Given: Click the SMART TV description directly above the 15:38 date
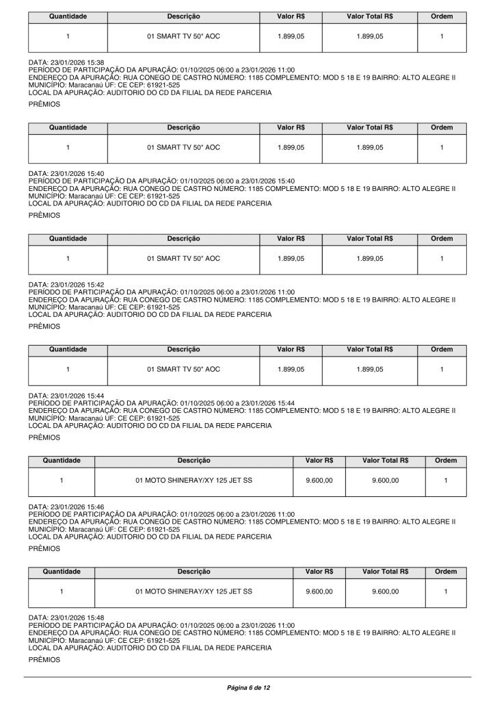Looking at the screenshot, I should pos(184,37).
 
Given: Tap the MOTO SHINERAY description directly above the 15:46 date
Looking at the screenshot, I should pos(193,481).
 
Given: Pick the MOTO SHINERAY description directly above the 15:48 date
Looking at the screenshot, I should pos(193,593).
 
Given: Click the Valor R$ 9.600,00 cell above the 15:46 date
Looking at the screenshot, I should pos(319,481).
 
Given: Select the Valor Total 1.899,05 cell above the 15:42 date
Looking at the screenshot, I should pos(369,259).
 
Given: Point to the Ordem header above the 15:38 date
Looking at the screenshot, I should pos(442,15).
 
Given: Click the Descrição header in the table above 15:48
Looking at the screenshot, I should pos(193,572).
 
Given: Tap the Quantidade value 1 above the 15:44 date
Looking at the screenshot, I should pos(68,370).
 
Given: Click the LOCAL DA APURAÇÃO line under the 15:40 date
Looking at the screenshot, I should pos(150,203).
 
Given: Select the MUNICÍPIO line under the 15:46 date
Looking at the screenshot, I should pos(104,529).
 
